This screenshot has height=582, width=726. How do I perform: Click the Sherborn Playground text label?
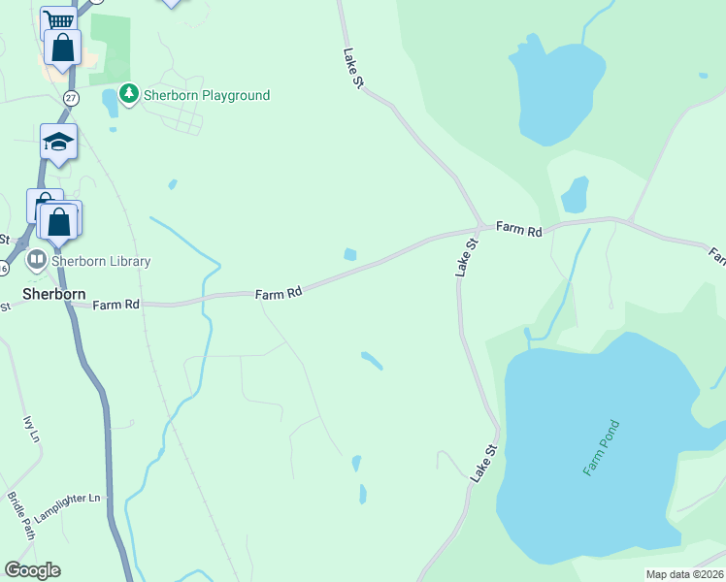pos(207,95)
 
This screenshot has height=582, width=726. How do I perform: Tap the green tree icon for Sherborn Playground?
pos(129,94)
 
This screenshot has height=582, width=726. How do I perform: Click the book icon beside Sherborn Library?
pos(36,261)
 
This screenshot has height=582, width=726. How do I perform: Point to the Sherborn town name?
pos(54,293)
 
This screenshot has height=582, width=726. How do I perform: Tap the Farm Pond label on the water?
pos(601,447)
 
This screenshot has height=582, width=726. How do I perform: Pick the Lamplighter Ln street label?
pos(67,499)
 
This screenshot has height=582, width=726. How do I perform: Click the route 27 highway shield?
pos(71,98)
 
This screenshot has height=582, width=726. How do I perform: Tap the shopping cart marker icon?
pos(59,20)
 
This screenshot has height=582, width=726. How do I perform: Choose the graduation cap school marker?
pos(58,142)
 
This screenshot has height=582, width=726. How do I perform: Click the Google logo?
pos(32,570)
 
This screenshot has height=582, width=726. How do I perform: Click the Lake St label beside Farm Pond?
pos(483,464)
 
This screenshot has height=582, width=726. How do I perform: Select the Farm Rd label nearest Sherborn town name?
pos(117,305)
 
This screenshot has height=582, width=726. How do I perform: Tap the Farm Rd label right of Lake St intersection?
pos(518,229)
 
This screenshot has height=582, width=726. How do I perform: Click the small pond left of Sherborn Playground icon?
pos(109,102)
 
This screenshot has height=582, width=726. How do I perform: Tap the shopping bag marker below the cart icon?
pos(62,48)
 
